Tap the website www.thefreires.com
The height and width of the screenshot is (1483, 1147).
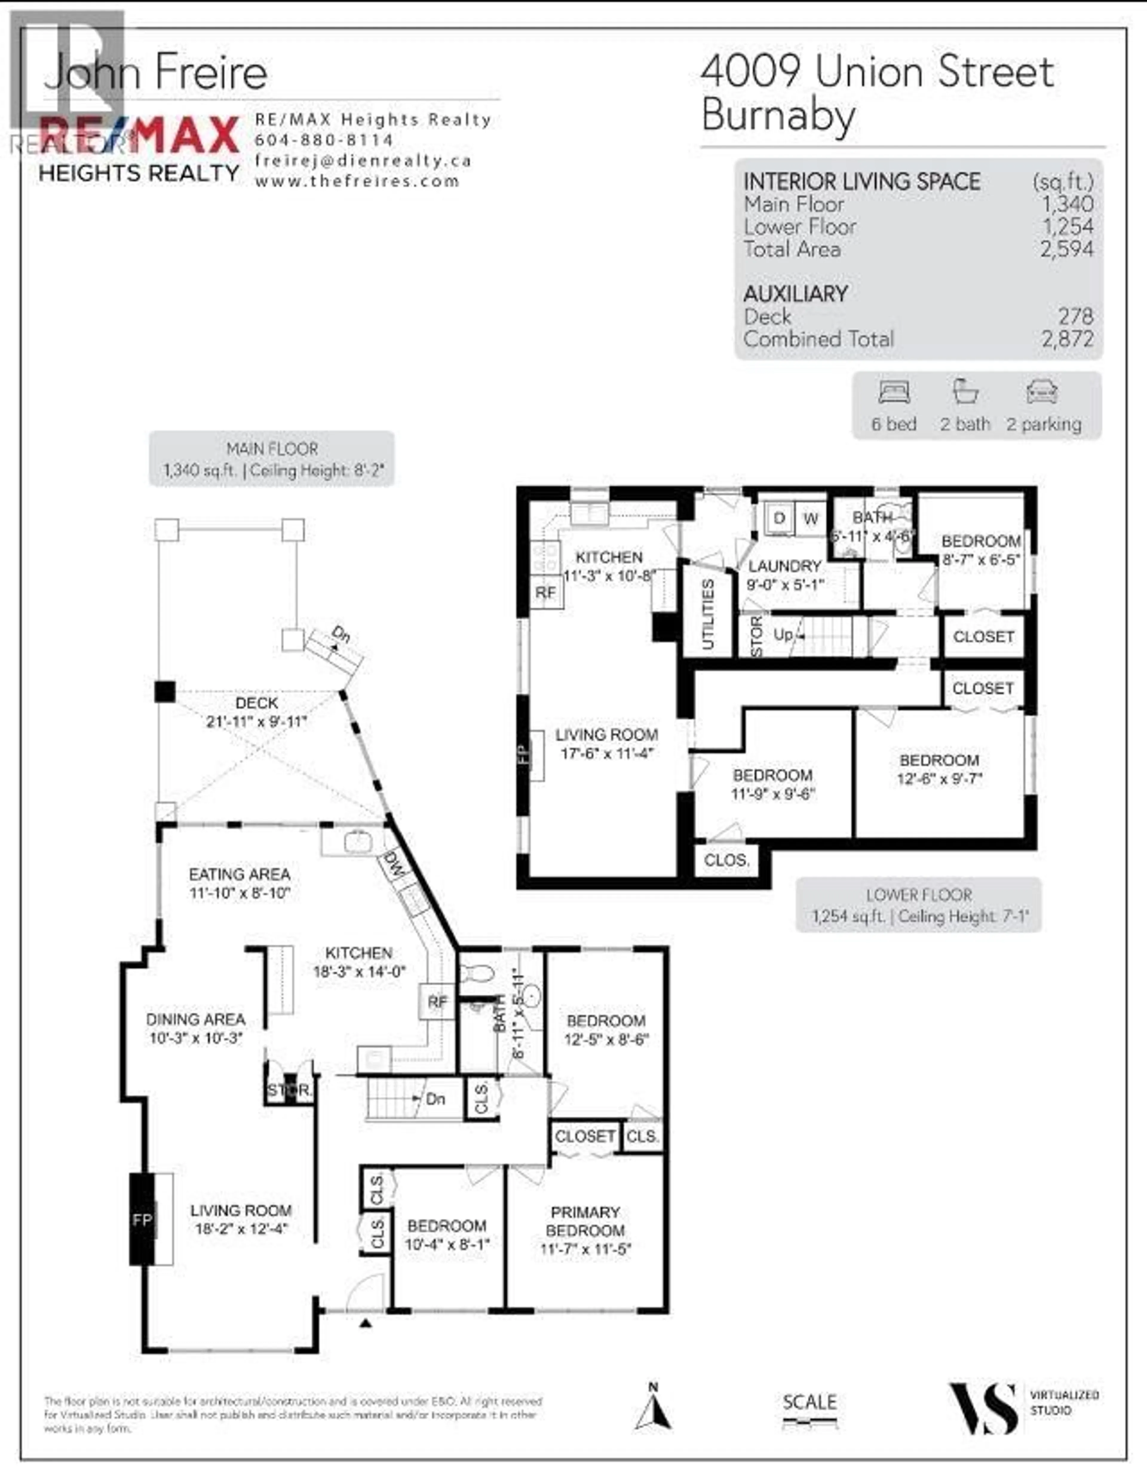(357, 181)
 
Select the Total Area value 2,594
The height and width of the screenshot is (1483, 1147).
(1067, 249)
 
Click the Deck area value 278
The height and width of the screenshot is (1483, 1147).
(1076, 317)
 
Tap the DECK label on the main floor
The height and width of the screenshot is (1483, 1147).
(257, 703)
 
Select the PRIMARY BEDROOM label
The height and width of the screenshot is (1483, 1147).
(585, 1221)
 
